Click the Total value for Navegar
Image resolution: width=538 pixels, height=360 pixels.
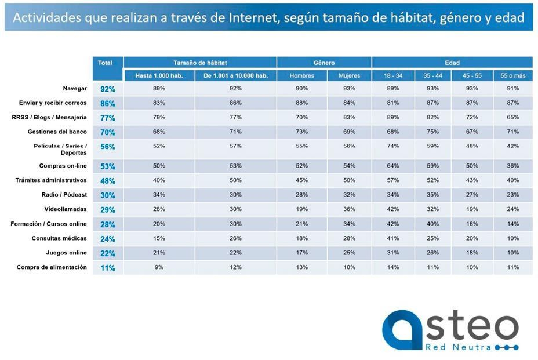click(107, 89)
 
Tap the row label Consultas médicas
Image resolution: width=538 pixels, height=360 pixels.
click(59, 238)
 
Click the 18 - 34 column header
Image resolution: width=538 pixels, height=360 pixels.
click(392, 76)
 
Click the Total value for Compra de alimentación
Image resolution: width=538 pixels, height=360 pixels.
click(107, 268)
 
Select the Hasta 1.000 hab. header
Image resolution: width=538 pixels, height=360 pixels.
click(159, 76)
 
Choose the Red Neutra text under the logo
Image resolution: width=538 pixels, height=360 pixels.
click(459, 347)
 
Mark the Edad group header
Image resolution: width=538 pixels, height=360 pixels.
click(452, 63)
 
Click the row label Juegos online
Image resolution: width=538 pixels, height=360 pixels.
click(67, 253)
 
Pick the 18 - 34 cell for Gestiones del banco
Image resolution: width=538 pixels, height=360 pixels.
click(392, 132)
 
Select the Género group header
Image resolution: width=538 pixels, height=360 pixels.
click(324, 63)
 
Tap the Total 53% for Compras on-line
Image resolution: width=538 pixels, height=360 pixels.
click(107, 167)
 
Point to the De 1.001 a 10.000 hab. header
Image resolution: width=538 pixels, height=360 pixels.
click(235, 76)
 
